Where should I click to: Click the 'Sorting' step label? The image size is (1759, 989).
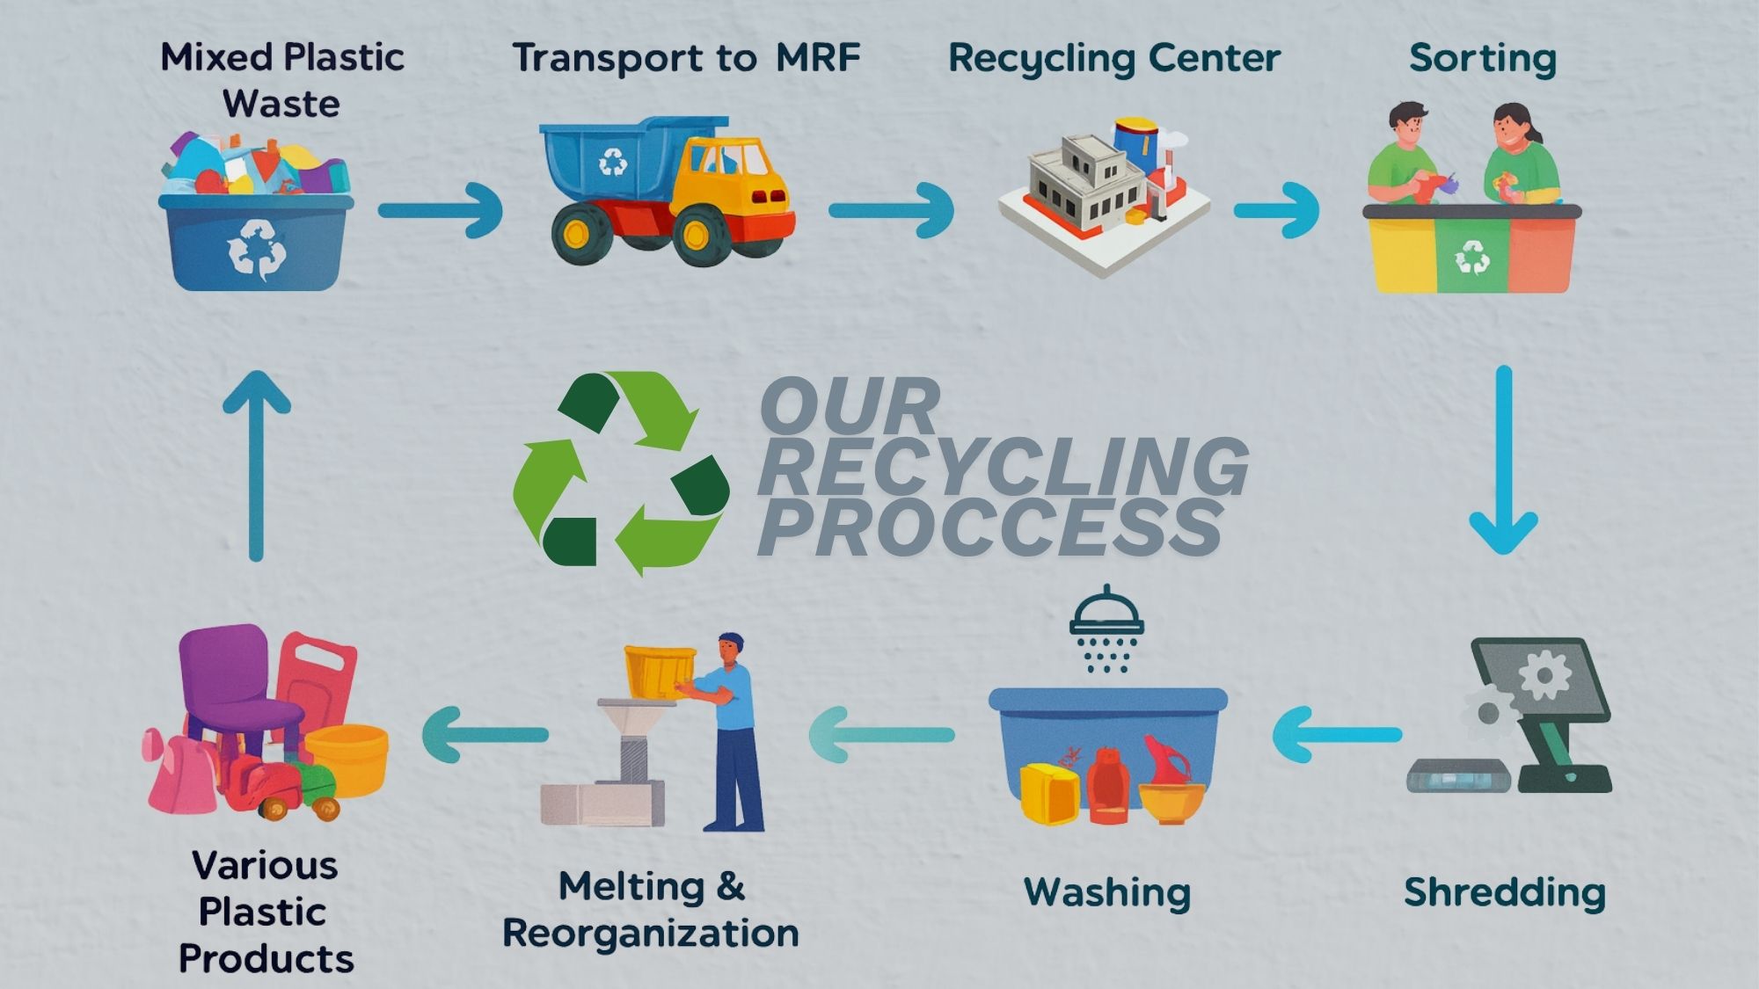tap(1482, 59)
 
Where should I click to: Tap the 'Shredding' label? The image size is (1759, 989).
tap(1504, 892)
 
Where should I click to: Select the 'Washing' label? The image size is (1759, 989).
tap(1106, 892)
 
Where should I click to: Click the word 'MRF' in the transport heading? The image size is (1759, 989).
tap(817, 58)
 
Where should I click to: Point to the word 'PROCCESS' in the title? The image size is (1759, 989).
tap(989, 527)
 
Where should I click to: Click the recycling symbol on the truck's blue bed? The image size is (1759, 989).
tap(613, 162)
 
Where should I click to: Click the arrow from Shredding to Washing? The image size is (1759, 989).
tap(1336, 734)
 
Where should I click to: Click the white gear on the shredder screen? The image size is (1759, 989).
tap(1544, 675)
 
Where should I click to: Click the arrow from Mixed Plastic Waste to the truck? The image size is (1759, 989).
tap(440, 210)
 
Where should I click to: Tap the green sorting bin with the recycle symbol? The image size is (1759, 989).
tap(1471, 255)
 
